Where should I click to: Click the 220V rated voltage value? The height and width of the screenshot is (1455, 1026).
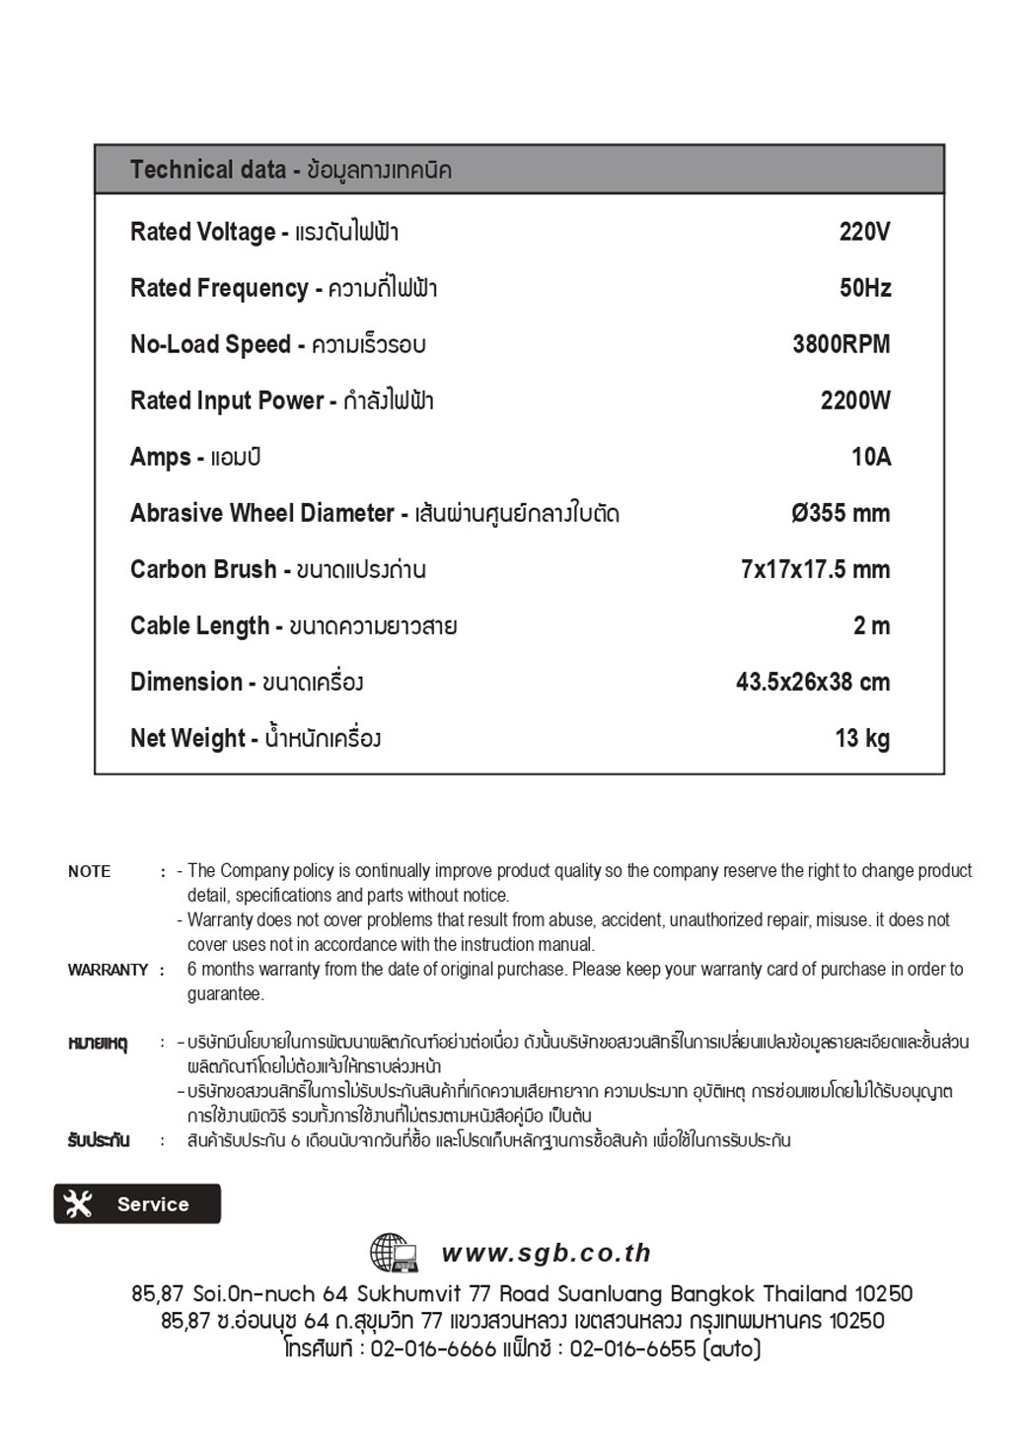[864, 232]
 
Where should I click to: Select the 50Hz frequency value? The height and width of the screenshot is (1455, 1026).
[865, 288]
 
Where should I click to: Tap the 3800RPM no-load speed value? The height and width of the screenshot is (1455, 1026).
[841, 344]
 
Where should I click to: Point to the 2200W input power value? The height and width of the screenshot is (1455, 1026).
[855, 400]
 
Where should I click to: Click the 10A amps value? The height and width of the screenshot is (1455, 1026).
[871, 457]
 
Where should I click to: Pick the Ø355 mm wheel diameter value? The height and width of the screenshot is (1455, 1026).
[841, 513]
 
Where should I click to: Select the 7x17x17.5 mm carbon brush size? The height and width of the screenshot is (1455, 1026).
[815, 569]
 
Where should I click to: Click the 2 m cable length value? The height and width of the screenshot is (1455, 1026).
[871, 625]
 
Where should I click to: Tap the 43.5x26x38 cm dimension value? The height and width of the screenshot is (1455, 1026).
[813, 682]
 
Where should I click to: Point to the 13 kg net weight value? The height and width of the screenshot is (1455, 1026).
[862, 738]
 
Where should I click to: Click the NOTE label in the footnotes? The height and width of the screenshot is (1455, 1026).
[89, 871]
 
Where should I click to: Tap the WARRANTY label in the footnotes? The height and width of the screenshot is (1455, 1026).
[108, 970]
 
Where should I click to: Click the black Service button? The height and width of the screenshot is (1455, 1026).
[137, 1203]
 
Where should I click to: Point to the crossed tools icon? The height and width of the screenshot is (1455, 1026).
[78, 1203]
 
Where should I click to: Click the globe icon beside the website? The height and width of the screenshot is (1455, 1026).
[393, 1253]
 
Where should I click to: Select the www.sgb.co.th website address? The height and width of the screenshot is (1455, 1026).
[547, 1253]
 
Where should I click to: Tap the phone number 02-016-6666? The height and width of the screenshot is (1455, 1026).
[433, 1348]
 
